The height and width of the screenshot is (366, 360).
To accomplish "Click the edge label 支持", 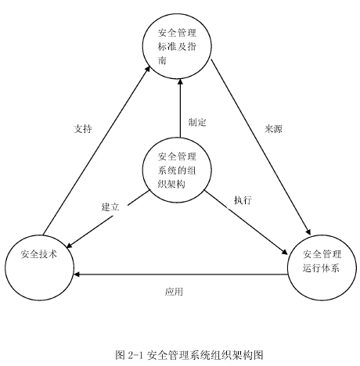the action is (83, 129).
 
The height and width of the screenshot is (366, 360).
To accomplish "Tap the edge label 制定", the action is (197, 122).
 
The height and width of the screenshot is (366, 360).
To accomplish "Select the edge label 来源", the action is (273, 129).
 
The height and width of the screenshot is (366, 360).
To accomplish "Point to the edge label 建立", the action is (110, 207).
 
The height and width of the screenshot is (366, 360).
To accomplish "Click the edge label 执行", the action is (243, 200).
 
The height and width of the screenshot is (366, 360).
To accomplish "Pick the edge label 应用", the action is (174, 292).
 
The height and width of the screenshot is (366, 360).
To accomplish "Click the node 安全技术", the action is (40, 267).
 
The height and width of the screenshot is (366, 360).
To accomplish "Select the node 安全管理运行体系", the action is (322, 267).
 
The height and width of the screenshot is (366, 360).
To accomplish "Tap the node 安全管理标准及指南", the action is (177, 46).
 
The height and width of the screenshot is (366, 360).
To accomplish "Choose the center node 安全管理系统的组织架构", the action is (177, 170).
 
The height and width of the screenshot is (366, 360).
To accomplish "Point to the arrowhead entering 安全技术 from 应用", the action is (77, 274).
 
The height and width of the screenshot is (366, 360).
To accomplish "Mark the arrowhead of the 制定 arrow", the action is (180, 82).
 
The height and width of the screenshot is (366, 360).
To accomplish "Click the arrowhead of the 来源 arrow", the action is (308, 232).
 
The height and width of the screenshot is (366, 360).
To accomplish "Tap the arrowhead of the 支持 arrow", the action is (148, 68).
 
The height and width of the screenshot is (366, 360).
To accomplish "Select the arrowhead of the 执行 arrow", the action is (285, 252).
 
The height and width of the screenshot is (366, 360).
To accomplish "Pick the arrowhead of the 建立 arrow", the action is (70, 246).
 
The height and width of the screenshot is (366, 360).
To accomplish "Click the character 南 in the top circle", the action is (162, 61).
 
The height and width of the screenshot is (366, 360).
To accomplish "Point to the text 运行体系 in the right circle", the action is (321, 268).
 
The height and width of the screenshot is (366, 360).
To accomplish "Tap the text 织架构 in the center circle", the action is (171, 185).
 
